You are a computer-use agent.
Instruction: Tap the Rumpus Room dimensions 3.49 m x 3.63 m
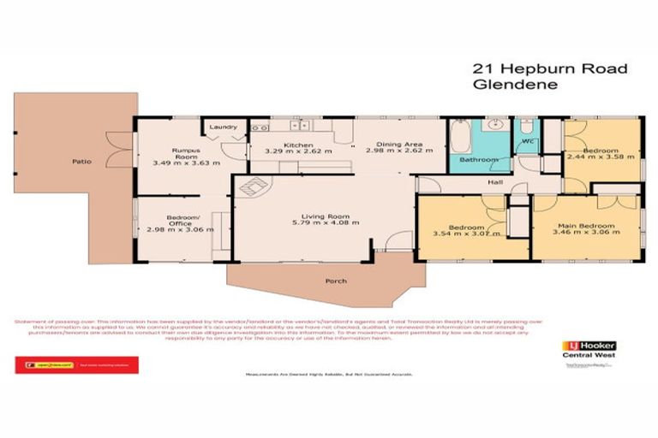(x=186, y=162)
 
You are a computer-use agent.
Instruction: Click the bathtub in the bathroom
(x=458, y=136)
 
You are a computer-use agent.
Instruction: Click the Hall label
(x=494, y=183)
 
